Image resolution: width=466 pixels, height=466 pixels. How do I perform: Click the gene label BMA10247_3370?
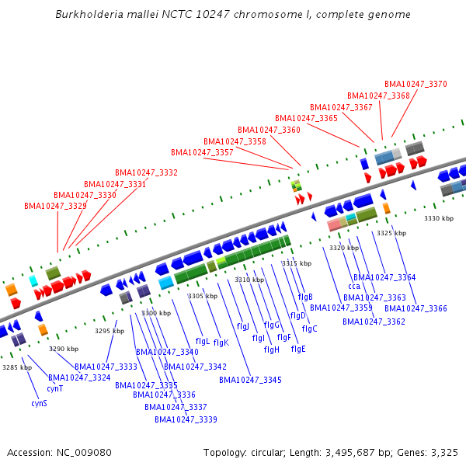(x=416, y=84)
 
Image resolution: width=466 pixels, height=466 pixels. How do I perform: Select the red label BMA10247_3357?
(x=202, y=152)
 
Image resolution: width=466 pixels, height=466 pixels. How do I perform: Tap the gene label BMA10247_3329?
(x=55, y=206)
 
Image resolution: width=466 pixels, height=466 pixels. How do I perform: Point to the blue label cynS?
(x=39, y=403)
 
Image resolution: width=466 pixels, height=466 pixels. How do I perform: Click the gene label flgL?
(x=202, y=341)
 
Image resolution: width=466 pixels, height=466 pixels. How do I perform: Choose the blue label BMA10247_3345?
(x=250, y=380)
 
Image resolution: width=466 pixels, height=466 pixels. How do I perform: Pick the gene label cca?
(x=354, y=287)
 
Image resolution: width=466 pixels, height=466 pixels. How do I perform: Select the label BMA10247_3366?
(x=416, y=308)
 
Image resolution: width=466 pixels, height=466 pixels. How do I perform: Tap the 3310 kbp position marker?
(x=249, y=280)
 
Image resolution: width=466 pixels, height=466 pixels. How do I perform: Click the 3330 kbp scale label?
(x=437, y=218)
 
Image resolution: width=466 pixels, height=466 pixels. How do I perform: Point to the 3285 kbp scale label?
(x=17, y=367)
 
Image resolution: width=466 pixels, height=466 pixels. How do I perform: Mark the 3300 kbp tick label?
(x=155, y=313)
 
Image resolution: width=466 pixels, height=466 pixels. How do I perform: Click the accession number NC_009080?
(x=84, y=452)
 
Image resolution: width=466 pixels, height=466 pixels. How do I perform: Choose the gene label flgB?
(x=305, y=297)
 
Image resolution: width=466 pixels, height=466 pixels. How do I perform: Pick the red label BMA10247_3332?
(x=146, y=172)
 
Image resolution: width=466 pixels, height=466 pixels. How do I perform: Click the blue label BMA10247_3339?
(x=186, y=419)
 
